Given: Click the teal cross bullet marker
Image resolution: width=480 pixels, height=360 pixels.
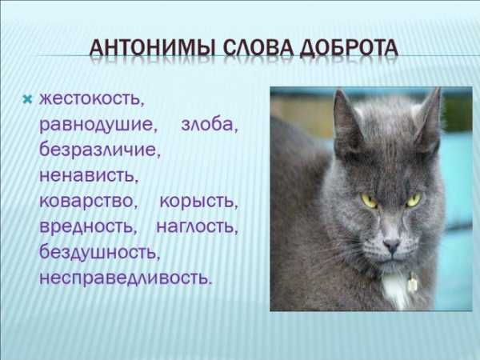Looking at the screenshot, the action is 27,99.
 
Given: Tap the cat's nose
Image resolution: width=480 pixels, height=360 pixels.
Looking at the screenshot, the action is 391,245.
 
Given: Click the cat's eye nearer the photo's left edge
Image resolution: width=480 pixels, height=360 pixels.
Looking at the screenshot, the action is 369,201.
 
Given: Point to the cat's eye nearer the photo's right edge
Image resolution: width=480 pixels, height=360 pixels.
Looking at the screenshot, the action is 413,200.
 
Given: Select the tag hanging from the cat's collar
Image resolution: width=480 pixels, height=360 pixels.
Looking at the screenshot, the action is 412,283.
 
